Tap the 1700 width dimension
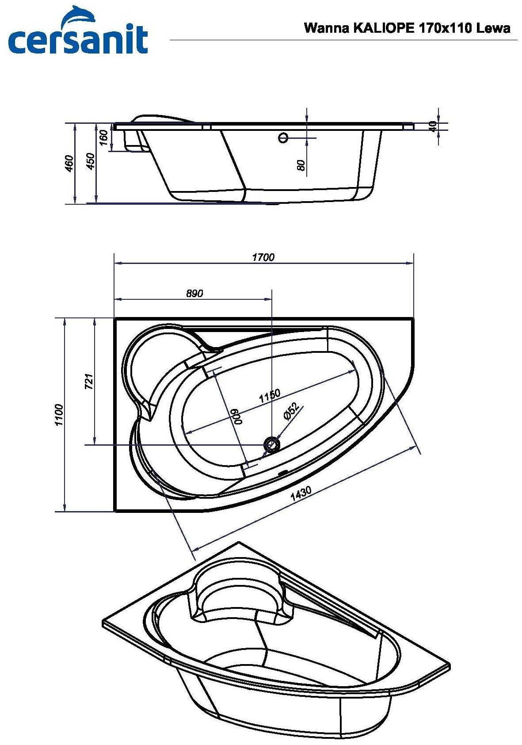pyautogui.click(x=263, y=257)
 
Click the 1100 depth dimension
pyautogui.click(x=59, y=415)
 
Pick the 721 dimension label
pyautogui.click(x=89, y=381)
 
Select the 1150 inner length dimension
pyautogui.click(x=270, y=396)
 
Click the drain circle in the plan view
pyautogui.click(x=271, y=444)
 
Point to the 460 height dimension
pyautogui.click(x=69, y=164)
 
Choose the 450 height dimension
pyautogui.click(x=90, y=162)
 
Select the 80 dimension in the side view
pyautogui.click(x=301, y=165)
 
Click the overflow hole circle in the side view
pyautogui.click(x=283, y=138)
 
